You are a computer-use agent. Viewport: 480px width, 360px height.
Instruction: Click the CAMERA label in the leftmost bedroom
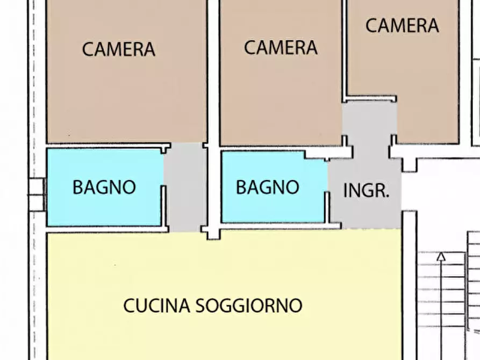[118, 49]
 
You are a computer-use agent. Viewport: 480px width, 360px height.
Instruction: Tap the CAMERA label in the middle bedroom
[281, 47]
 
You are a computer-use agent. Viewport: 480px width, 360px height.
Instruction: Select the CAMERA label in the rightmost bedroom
[402, 25]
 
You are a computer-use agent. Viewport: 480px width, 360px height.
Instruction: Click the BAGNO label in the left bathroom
[104, 188]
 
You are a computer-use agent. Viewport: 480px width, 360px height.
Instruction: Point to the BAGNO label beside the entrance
[267, 187]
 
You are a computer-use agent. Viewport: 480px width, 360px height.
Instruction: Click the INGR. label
[366, 191]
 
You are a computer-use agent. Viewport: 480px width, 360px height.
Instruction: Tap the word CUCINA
[156, 305]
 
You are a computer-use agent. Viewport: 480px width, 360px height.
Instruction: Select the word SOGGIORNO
[248, 305]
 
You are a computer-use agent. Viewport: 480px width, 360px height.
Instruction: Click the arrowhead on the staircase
[441, 256]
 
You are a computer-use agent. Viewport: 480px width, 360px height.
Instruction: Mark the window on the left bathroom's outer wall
[36, 194]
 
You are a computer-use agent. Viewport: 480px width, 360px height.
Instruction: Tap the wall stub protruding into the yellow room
[213, 233]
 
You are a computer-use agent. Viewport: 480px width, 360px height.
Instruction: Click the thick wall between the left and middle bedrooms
[213, 70]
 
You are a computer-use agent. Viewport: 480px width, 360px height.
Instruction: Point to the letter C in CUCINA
[128, 305]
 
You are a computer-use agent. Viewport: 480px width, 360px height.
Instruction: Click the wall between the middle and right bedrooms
[344, 48]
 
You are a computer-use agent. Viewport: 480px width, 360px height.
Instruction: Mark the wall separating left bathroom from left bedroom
[105, 145]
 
